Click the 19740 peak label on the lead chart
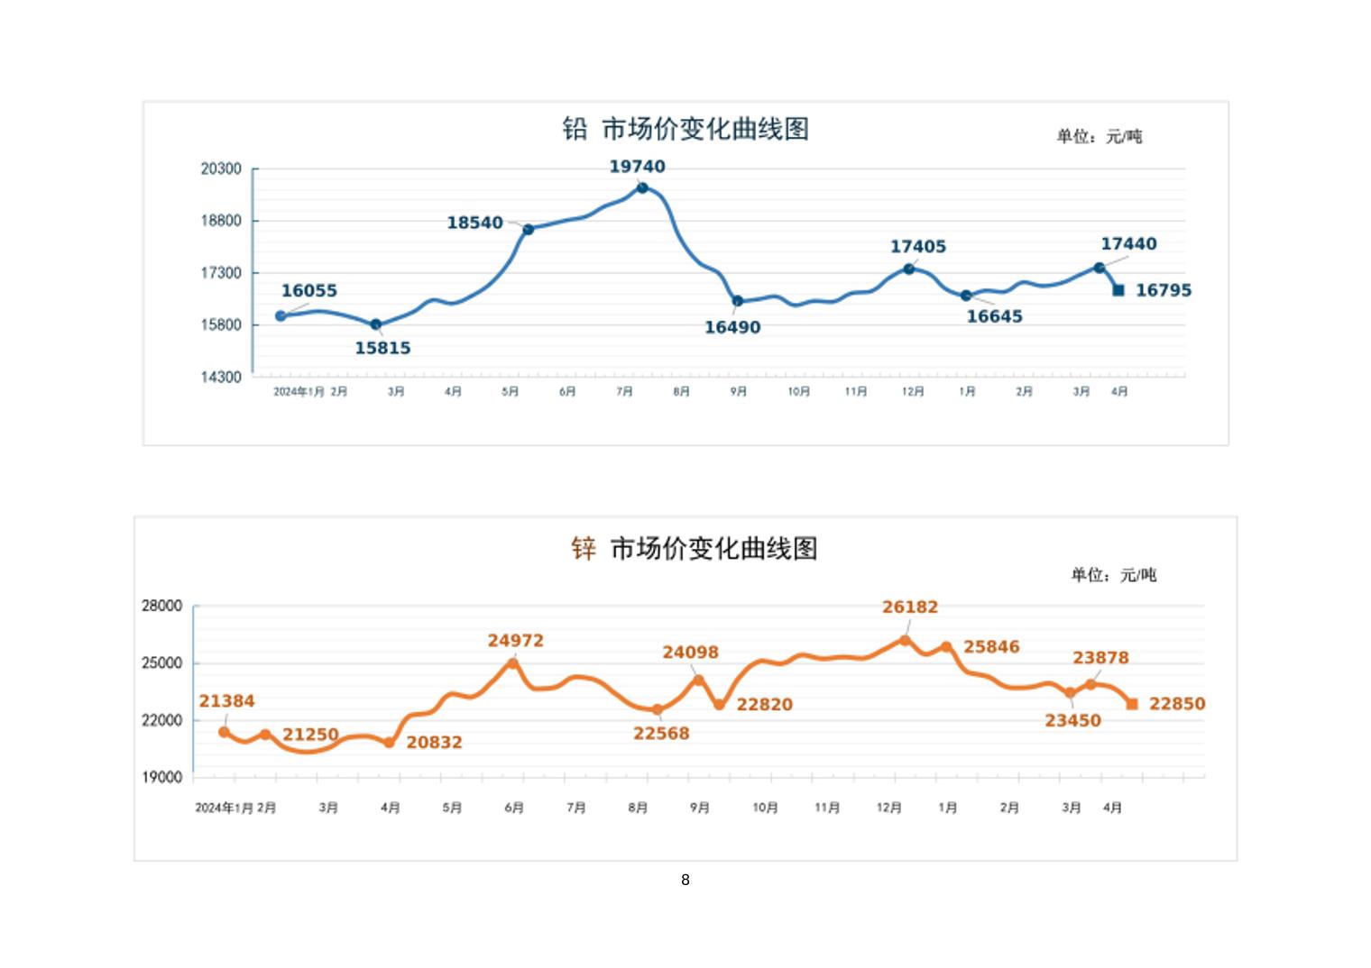637,167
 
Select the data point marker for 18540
529,229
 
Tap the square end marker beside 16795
1118,290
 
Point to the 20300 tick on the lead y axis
221,169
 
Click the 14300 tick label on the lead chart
221,377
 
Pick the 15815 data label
382,348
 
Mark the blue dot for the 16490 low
738,301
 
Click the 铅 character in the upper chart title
575,129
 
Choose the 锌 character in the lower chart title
584,548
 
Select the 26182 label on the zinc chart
910,607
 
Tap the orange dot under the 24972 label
513,663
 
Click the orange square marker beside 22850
1133,704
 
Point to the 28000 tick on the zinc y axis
161,607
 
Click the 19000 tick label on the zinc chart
161,777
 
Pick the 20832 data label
434,743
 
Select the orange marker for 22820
720,704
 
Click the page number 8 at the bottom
685,880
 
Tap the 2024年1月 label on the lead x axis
299,392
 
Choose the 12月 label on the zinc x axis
888,808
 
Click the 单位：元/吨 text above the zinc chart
1113,575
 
